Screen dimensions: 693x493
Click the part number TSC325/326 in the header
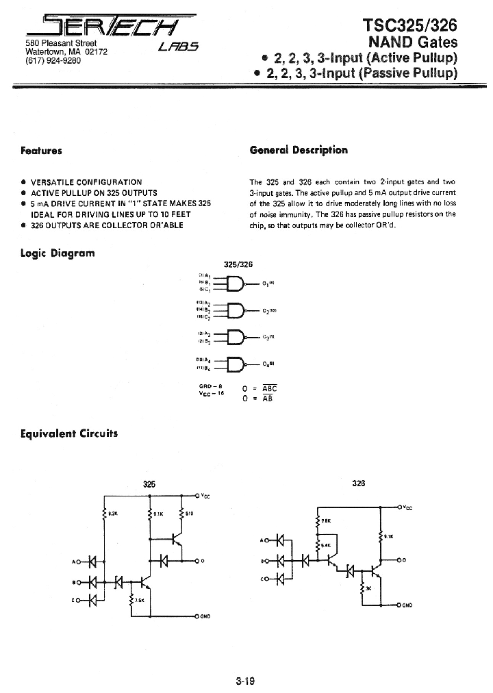click(x=408, y=25)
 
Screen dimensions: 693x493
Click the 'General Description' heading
click(x=299, y=150)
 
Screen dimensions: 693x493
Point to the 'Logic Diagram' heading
click(x=58, y=253)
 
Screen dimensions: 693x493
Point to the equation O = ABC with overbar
click(x=260, y=388)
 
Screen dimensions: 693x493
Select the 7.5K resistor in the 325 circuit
click(x=131, y=601)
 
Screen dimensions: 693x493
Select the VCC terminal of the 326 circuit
click(x=400, y=507)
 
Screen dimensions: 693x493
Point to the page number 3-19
click(x=245, y=681)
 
